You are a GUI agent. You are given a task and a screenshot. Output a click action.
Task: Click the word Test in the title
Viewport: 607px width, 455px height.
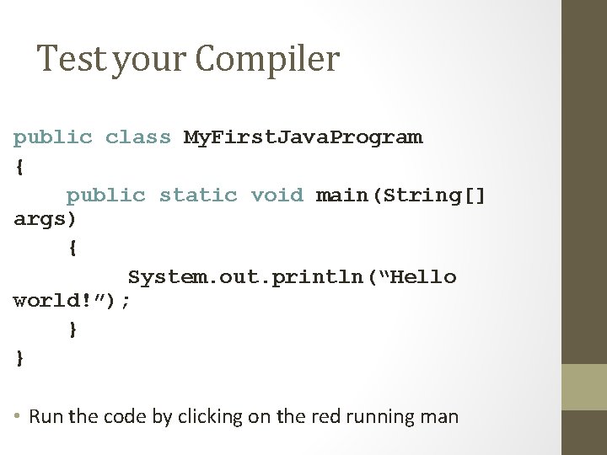[x=71, y=59]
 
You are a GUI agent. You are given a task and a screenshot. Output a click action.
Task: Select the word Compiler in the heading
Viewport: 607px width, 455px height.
[x=267, y=59]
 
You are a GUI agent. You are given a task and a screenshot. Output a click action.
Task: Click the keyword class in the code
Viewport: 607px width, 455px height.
[x=137, y=137]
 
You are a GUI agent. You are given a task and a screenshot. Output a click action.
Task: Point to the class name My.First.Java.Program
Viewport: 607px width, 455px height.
[x=303, y=137]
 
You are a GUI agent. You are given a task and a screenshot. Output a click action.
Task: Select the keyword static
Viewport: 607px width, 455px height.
[x=198, y=195]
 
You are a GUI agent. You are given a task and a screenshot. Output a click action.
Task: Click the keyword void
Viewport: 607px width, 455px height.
[x=277, y=195]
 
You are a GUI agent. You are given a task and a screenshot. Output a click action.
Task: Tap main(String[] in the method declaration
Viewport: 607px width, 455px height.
[x=400, y=195]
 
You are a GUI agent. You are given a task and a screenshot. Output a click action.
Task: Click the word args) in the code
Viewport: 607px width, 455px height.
[x=45, y=220]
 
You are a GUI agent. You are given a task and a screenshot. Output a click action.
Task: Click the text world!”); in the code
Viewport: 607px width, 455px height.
[x=72, y=301]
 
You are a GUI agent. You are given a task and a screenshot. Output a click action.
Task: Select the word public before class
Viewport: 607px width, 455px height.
[x=52, y=137]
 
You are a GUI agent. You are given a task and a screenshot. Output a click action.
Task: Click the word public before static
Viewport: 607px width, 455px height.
[x=105, y=195]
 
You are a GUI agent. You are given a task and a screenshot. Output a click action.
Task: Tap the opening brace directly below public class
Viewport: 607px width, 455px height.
[x=19, y=167]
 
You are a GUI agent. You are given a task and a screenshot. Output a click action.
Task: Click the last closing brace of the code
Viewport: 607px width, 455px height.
[x=19, y=358]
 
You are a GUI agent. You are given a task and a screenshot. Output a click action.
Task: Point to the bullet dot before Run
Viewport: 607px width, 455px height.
[x=19, y=417]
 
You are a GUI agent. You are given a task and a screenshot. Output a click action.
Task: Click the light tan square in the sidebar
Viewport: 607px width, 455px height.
[x=584, y=387]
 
